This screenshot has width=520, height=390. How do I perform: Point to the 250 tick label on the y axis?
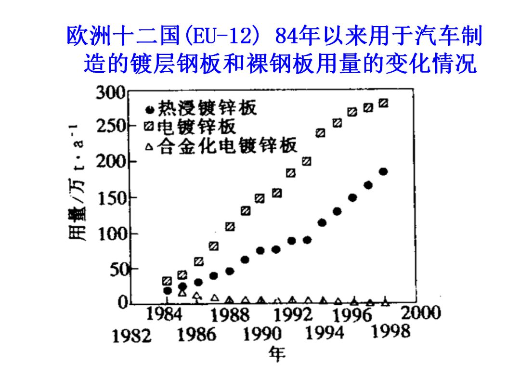click(111, 127)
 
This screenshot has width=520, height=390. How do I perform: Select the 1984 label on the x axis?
click(164, 314)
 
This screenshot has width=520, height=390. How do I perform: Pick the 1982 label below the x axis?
click(131, 336)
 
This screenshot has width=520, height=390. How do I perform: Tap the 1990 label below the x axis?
click(262, 334)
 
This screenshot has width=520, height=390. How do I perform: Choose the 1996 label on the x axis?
click(354, 315)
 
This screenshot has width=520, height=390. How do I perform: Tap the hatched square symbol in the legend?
click(149, 127)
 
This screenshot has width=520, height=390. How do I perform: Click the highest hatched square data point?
click(384, 103)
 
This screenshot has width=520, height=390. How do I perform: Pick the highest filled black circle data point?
click(383, 172)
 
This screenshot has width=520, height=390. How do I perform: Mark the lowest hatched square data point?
click(167, 281)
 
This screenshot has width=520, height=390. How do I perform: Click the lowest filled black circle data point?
click(168, 290)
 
